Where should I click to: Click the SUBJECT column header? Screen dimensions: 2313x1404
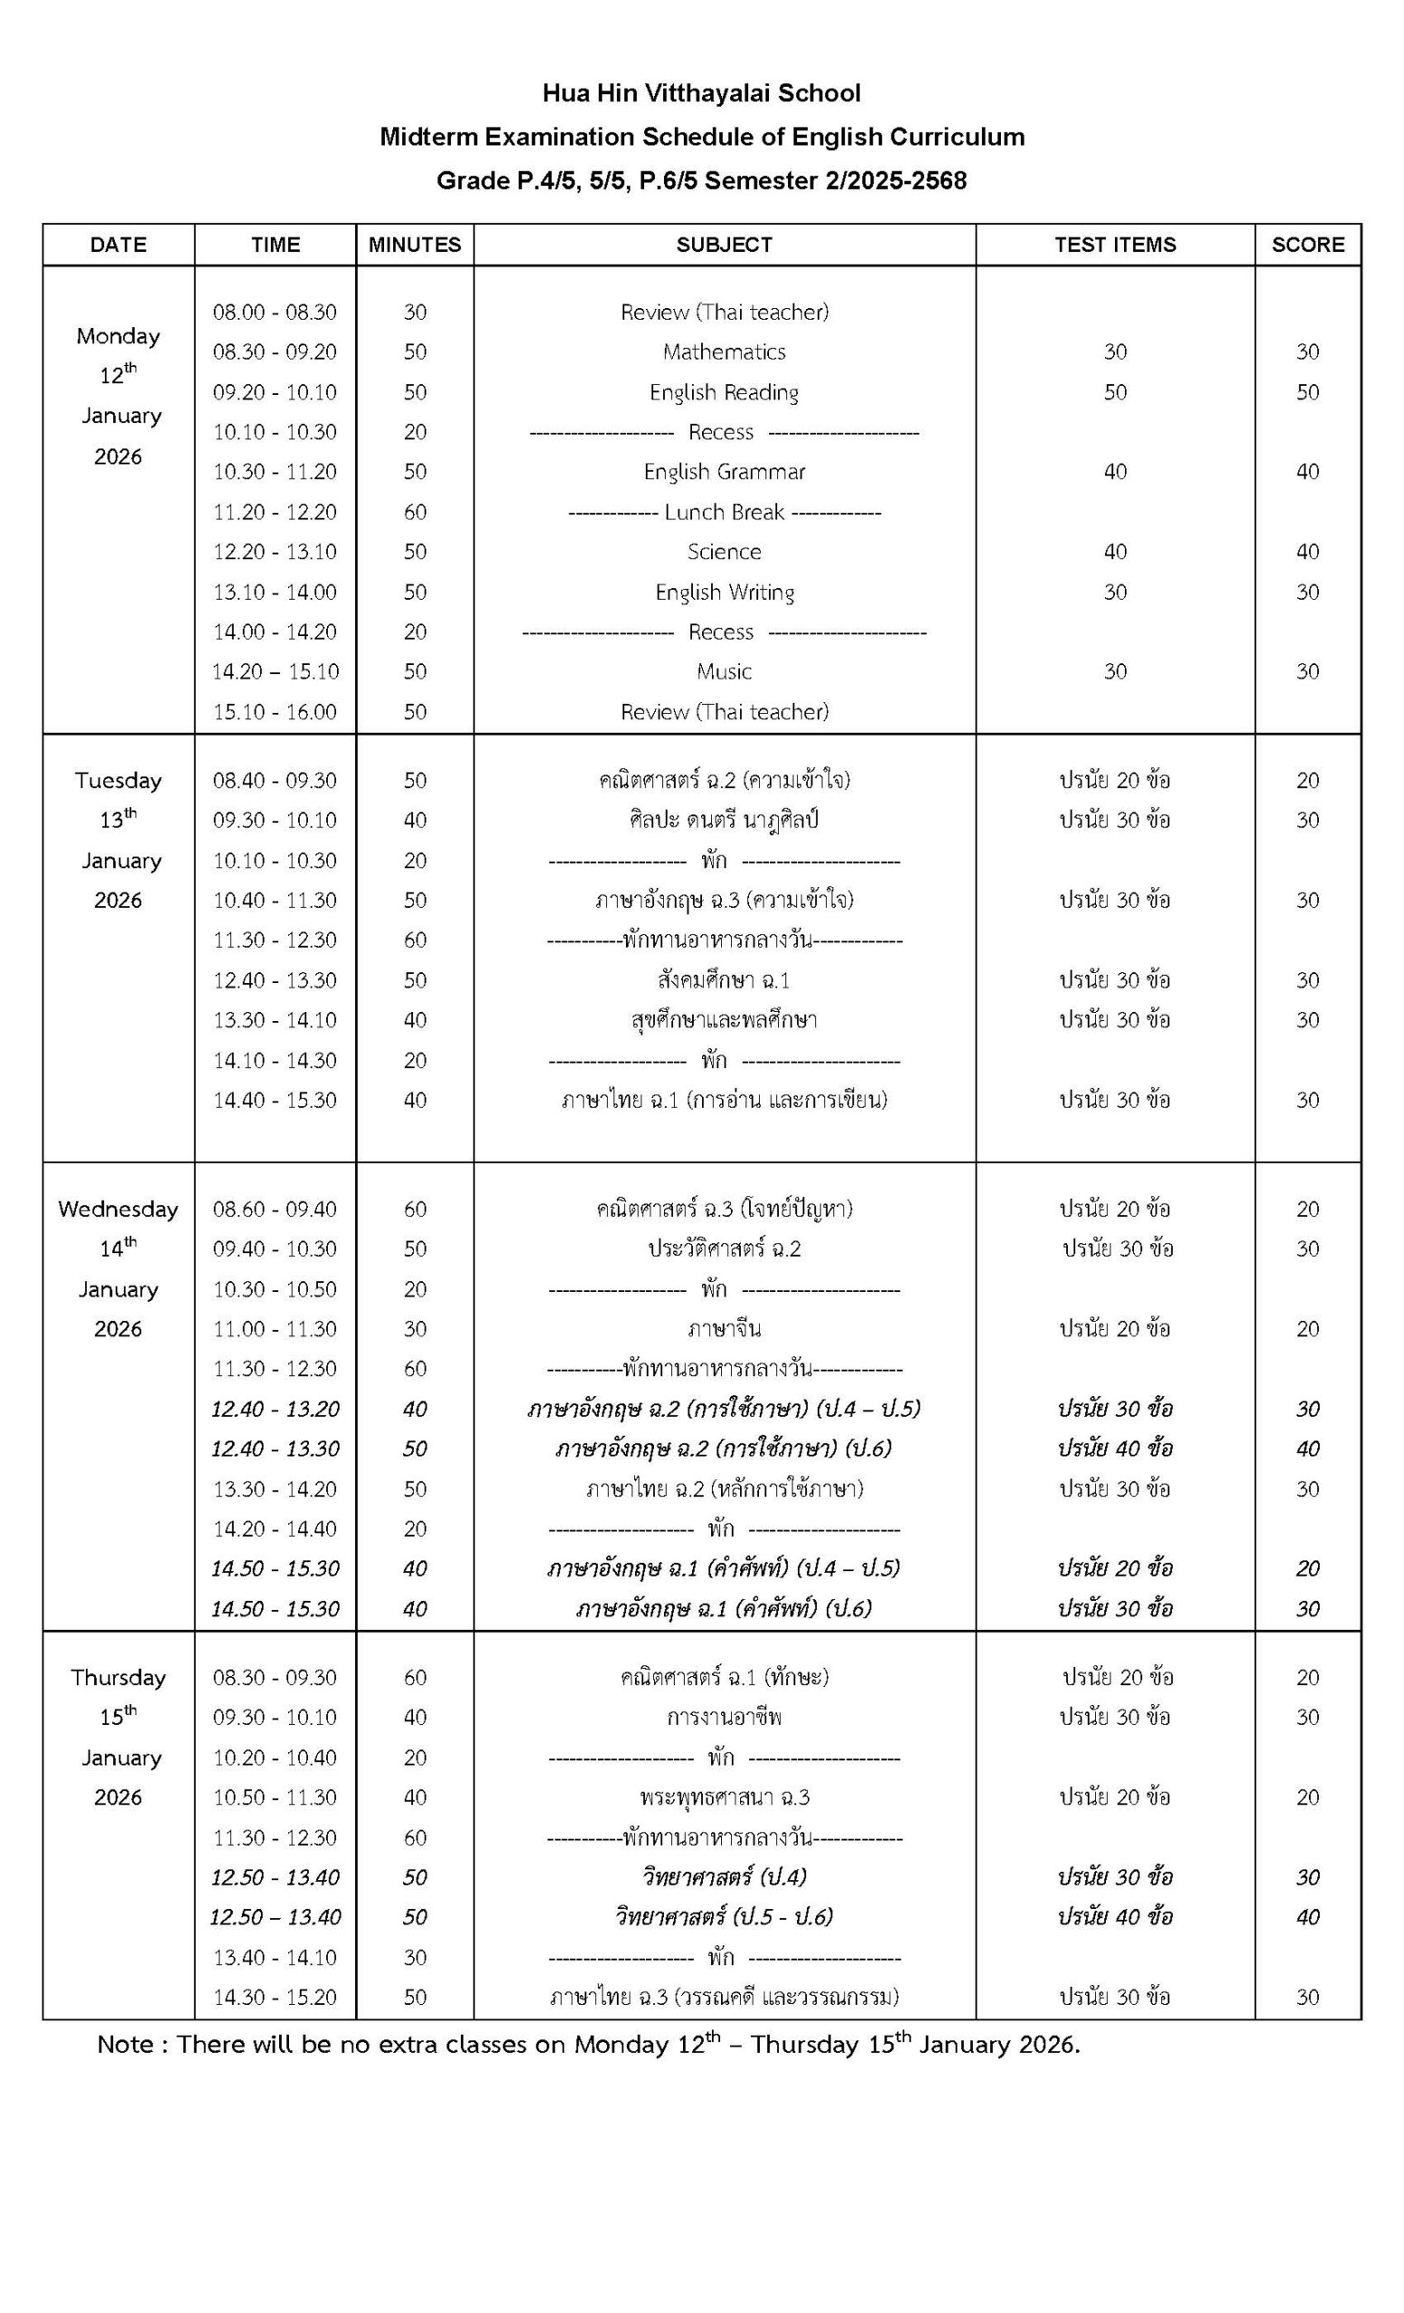click(x=724, y=245)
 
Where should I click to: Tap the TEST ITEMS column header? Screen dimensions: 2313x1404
click(x=1114, y=245)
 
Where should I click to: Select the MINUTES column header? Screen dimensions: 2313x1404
click(x=414, y=245)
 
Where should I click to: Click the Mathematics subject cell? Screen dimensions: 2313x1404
click(x=724, y=352)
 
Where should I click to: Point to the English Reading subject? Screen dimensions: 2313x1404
click(x=724, y=392)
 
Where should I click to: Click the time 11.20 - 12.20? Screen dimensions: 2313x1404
click(x=274, y=511)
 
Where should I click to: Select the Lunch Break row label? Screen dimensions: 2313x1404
click(x=724, y=511)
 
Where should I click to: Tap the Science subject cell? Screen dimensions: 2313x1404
click(x=724, y=552)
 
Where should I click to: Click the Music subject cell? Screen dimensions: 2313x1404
click(x=724, y=671)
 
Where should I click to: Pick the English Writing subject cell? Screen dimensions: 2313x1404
click(x=725, y=593)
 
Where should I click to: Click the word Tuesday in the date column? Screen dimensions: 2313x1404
click(x=118, y=781)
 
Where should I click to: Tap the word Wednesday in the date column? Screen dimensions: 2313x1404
click(x=118, y=1209)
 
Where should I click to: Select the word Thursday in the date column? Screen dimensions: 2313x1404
click(x=118, y=1678)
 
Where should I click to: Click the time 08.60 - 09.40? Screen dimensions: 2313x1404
click(x=274, y=1209)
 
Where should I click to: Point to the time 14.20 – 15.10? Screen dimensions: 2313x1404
click(x=274, y=671)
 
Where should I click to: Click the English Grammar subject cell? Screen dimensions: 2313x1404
click(x=724, y=473)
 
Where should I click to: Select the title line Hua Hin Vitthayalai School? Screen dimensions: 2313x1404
click(x=701, y=94)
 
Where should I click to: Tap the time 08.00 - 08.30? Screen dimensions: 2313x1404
click(x=274, y=312)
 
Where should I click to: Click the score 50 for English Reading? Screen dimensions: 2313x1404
click(x=1307, y=392)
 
